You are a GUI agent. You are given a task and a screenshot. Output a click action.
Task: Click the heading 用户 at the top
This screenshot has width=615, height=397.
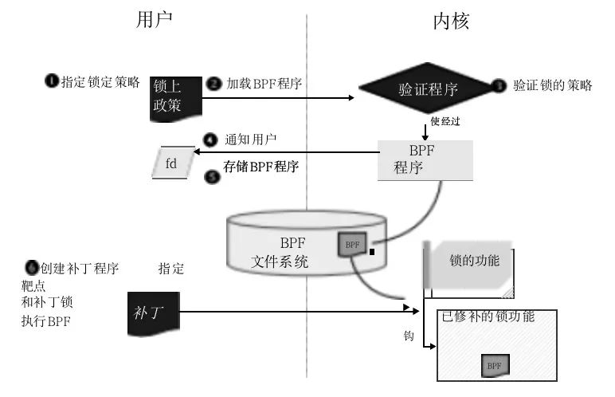coord(155,21)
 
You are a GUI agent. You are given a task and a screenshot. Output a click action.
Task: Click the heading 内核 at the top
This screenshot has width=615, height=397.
coord(451,21)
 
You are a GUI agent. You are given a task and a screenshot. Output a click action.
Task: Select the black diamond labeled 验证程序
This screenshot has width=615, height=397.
coord(427,88)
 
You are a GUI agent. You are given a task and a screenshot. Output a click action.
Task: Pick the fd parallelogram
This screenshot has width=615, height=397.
coord(171,163)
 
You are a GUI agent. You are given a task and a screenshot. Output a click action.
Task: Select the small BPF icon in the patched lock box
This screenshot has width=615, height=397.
coord(495,365)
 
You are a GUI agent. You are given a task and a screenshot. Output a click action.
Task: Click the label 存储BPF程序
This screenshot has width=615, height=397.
coord(260,167)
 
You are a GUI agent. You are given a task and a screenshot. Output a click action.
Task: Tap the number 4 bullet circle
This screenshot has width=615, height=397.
coord(211,140)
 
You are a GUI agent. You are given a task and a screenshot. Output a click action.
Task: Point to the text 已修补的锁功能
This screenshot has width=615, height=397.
coord(488,316)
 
